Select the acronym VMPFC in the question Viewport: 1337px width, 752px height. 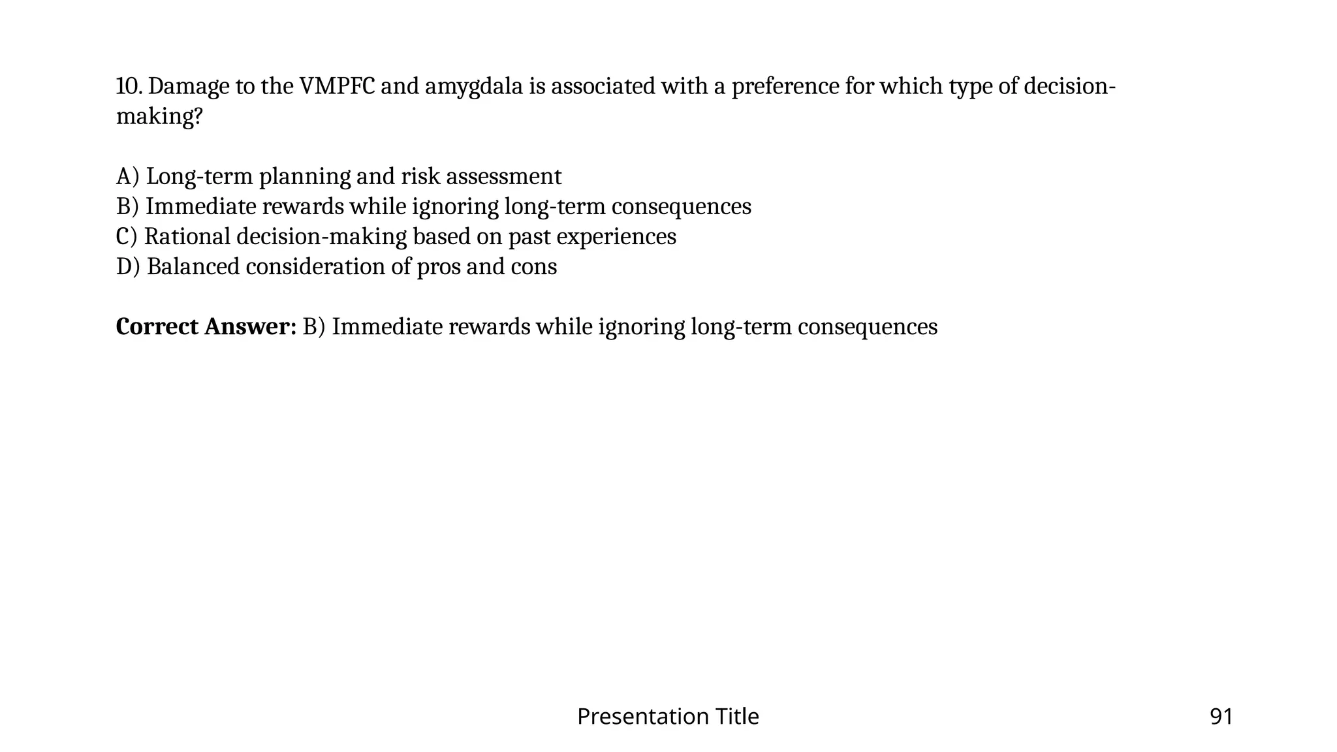pos(337,86)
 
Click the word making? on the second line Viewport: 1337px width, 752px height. pos(159,117)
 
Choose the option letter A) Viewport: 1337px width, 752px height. pos(128,177)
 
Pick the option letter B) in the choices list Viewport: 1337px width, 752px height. pos(128,207)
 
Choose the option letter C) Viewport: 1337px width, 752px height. pos(127,237)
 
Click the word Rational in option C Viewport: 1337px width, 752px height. pos(187,236)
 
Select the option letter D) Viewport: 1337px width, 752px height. pos(128,267)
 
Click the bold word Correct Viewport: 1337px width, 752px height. pos(157,327)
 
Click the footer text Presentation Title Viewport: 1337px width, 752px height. pos(668,717)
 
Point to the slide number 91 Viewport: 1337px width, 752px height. pos(1221,717)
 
